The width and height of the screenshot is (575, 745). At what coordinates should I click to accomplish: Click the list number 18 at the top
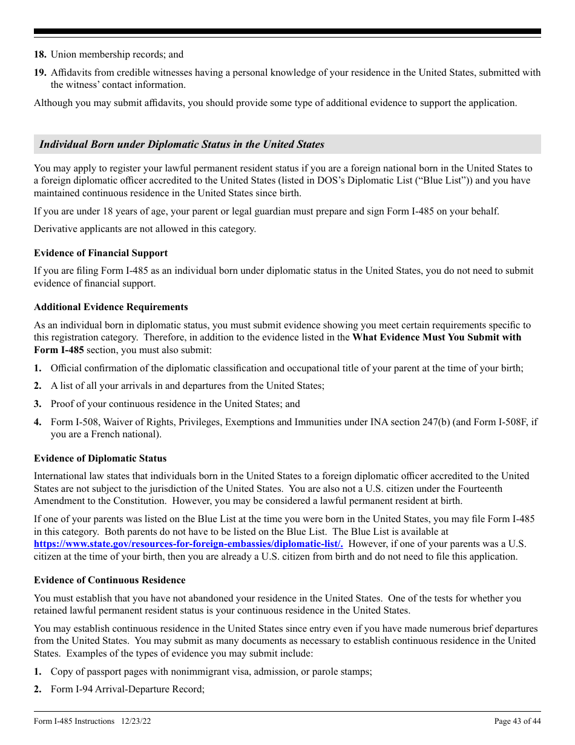coord(40,55)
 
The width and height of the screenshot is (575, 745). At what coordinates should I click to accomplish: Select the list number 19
coord(40,73)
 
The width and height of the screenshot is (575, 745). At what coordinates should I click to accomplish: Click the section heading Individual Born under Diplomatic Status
coord(182,144)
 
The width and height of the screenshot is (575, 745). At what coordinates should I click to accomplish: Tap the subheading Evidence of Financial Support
coord(100,253)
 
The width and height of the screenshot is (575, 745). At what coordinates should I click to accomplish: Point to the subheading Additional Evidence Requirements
coord(111,307)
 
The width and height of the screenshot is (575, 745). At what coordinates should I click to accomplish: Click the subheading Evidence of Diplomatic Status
coord(100,459)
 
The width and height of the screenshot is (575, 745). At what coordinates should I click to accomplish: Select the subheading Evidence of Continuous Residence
coord(110,580)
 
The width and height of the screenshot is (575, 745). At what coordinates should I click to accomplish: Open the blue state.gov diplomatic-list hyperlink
coord(188,544)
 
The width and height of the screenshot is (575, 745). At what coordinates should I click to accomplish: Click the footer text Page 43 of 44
coord(517,721)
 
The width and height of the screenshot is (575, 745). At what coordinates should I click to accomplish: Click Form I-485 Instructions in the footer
coord(74,721)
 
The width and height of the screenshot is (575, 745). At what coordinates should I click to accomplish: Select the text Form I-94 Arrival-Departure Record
coord(128,689)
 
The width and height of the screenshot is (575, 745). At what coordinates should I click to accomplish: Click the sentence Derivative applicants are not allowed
coord(145,229)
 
